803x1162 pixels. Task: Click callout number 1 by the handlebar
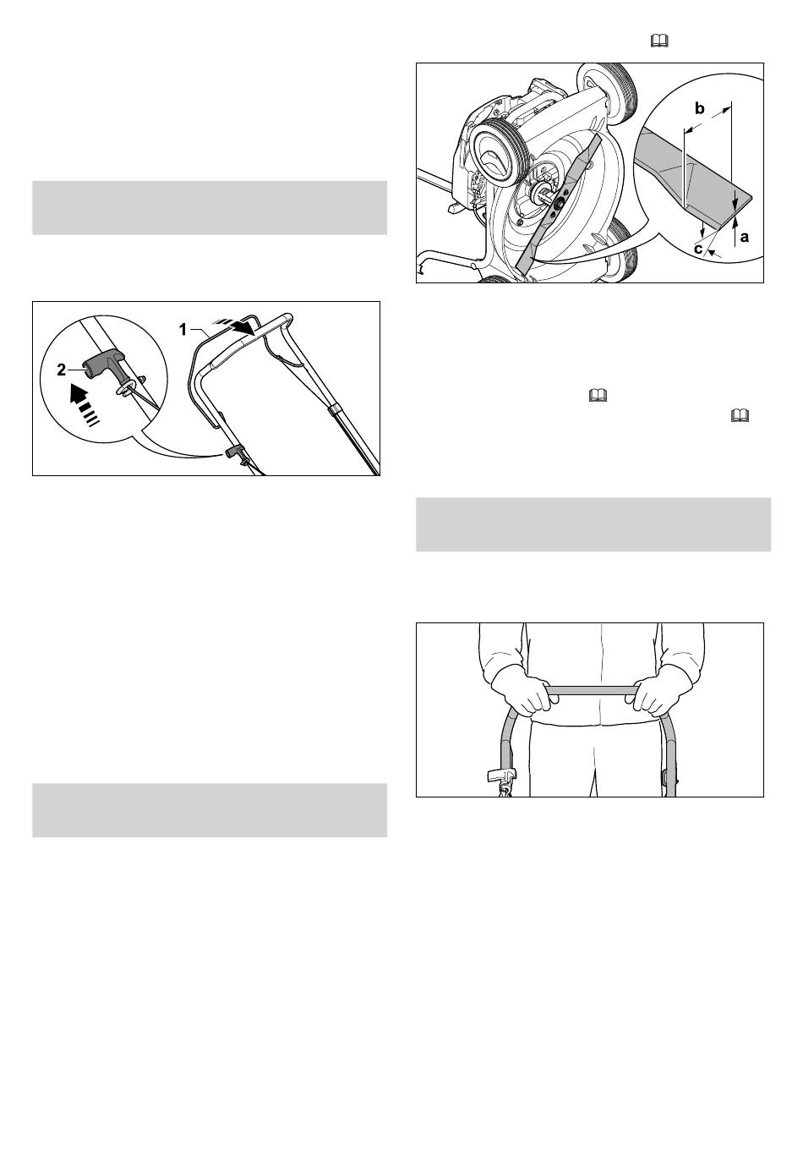(183, 330)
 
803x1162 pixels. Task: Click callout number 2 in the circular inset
(61, 370)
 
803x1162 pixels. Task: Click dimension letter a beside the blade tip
(745, 238)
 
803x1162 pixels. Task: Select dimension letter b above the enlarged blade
(699, 108)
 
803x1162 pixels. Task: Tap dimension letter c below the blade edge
(698, 249)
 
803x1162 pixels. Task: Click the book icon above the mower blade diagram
(659, 41)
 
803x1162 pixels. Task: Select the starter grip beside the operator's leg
(501, 776)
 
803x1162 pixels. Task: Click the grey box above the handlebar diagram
(210, 208)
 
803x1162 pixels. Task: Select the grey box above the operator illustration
(593, 524)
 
